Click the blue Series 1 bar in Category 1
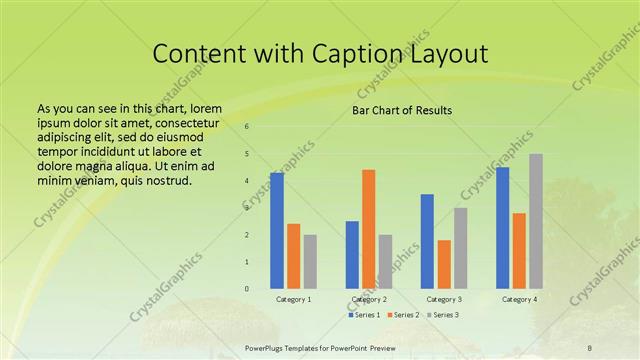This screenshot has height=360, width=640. pos(277,231)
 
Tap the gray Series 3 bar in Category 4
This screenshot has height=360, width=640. pos(536,221)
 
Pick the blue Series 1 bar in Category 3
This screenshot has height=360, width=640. pos(427,241)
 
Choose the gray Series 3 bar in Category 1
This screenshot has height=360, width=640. pos(310,261)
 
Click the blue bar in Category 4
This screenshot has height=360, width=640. pos(502,228)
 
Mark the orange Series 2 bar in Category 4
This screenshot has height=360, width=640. pos(519,250)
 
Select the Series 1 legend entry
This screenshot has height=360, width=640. pos(365,315)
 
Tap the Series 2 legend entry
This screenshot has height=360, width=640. pos(403,315)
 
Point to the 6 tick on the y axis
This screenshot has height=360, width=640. pos(246,127)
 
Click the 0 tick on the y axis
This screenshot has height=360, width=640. pos(246,289)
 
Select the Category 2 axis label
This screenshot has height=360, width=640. pos(369,299)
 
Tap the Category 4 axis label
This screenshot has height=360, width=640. pos(519,299)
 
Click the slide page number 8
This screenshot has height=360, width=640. pos(590,347)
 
